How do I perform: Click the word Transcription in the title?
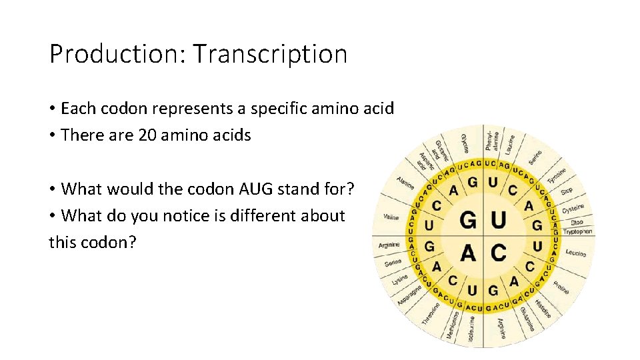coord(270,54)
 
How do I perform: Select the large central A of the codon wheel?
coord(469,252)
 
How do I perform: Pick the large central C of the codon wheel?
coord(498,252)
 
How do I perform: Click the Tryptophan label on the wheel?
coord(577,231)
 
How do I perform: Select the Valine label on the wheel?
coord(391,217)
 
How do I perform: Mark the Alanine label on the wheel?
coord(405,182)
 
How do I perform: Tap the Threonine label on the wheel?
coord(431,314)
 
